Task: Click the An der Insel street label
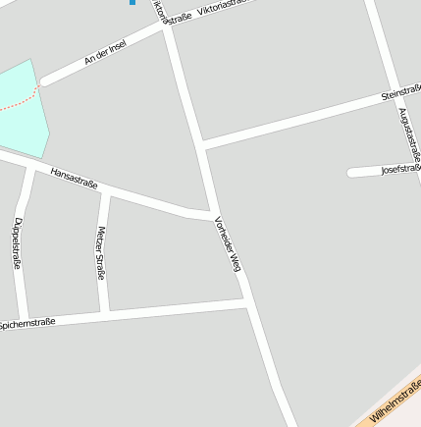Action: point(105,54)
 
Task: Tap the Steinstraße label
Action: point(400,94)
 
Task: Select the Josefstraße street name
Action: point(400,169)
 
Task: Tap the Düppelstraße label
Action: point(17,243)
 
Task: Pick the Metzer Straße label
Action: point(100,253)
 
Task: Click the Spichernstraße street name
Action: point(27,322)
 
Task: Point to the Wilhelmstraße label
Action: point(397,402)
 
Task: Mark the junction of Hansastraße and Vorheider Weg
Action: point(210,214)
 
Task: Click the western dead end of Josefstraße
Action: point(351,173)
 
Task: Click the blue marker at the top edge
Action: point(132,2)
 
